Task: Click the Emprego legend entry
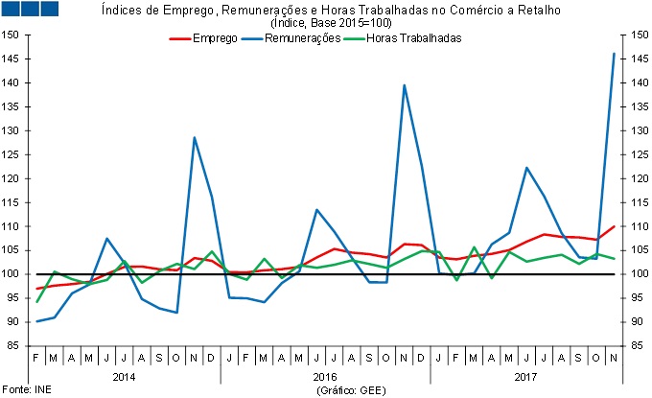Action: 215,38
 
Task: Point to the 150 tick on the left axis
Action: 12,35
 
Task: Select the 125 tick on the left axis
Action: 12,154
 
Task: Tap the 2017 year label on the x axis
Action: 525,378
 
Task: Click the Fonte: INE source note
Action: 22,391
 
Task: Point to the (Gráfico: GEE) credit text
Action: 350,391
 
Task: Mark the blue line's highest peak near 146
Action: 614,54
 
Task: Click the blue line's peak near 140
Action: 404,85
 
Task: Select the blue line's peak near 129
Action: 195,137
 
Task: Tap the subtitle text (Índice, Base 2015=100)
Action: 325,22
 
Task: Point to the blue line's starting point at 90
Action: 37,321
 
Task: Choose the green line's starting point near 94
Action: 37,302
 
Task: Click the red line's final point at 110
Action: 614,226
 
